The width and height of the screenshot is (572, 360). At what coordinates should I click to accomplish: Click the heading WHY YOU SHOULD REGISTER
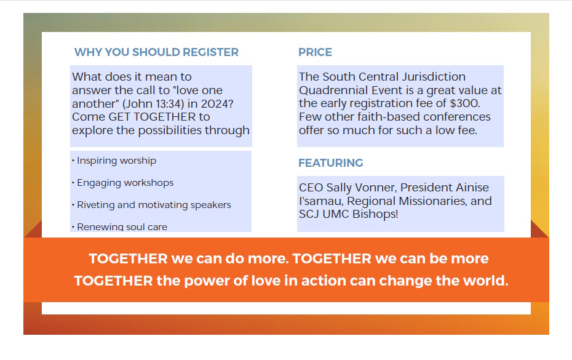tap(156, 52)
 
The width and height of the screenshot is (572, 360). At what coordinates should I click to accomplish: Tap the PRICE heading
tap(315, 52)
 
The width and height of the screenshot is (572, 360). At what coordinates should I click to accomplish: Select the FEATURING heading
tap(331, 163)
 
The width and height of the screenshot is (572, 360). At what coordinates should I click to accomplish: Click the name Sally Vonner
tap(361, 188)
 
